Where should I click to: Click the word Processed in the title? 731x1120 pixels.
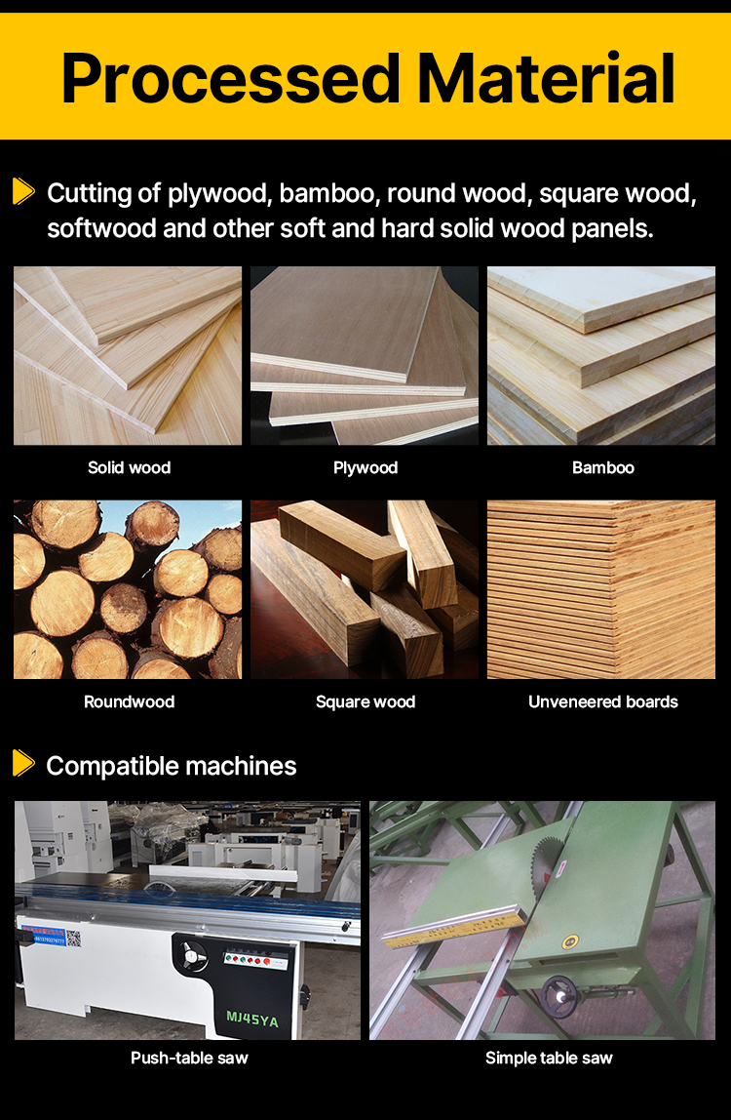point(231,79)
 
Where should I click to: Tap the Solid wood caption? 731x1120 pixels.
point(130,468)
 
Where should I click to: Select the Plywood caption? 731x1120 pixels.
point(365,468)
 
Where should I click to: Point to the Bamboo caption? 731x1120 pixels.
point(603,468)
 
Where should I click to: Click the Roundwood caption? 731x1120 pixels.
point(130,701)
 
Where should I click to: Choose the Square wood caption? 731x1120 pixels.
point(365,702)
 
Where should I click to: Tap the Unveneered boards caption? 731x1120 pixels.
point(603,701)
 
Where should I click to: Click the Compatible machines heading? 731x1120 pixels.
point(172,767)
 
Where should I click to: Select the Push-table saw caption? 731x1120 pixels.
point(189,1058)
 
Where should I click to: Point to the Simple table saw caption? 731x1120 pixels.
point(549,1059)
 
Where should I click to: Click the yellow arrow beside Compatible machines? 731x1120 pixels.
point(23,763)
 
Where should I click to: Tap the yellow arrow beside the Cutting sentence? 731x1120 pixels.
point(23,190)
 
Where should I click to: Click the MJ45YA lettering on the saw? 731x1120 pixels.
point(252,1019)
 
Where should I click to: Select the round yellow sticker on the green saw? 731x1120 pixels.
point(569,942)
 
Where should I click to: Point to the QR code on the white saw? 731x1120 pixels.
point(73,938)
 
